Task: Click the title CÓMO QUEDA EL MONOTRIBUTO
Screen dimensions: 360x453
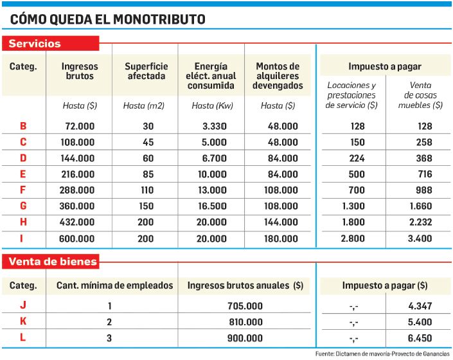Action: pos(108,19)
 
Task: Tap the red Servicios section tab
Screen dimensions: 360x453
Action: pos(35,44)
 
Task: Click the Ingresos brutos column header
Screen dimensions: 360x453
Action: pos(79,71)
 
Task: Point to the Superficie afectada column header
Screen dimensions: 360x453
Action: pos(146,71)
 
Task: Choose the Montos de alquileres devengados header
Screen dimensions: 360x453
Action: pos(278,75)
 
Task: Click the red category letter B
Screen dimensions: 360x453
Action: pos(23,127)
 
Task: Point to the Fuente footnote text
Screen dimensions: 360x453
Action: pos(383,354)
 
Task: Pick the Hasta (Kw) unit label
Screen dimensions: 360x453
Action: pos(211,105)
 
